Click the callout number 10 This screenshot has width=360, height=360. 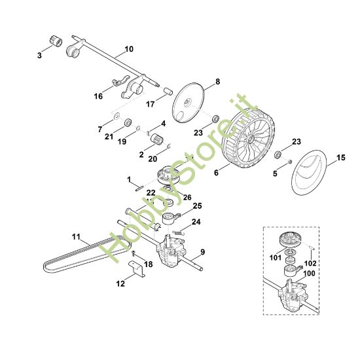point(128,49)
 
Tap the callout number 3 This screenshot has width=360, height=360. point(39,57)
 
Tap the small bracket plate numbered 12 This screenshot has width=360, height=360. point(135,268)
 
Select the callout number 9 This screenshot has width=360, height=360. point(202,252)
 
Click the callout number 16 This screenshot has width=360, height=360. point(98,96)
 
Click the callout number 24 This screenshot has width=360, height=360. point(195,222)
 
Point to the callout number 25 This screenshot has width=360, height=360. point(196,206)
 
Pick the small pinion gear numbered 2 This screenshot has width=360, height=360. point(156,138)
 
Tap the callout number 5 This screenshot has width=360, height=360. point(275,173)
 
